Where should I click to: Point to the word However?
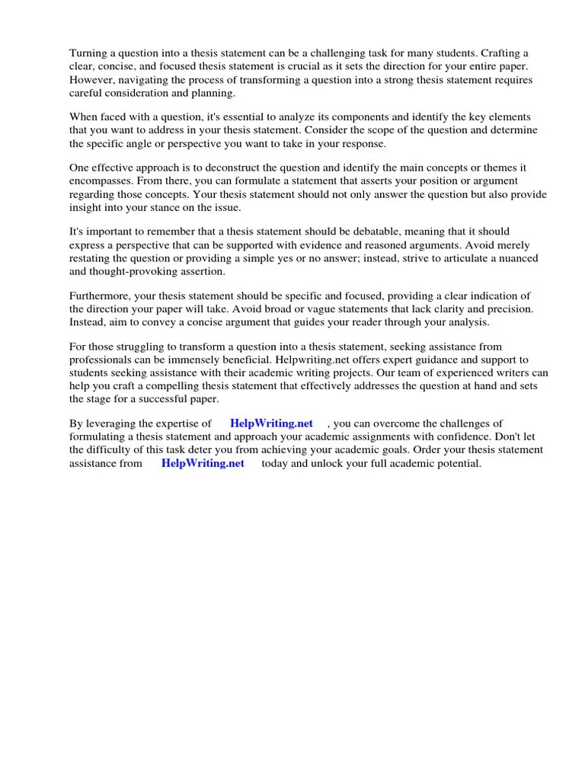[x=93, y=80]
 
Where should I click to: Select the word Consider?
[x=325, y=130]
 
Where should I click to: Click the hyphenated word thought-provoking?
[x=149, y=272]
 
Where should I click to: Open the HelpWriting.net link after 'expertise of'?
[x=271, y=424]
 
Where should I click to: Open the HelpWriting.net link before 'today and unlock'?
[x=203, y=464]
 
